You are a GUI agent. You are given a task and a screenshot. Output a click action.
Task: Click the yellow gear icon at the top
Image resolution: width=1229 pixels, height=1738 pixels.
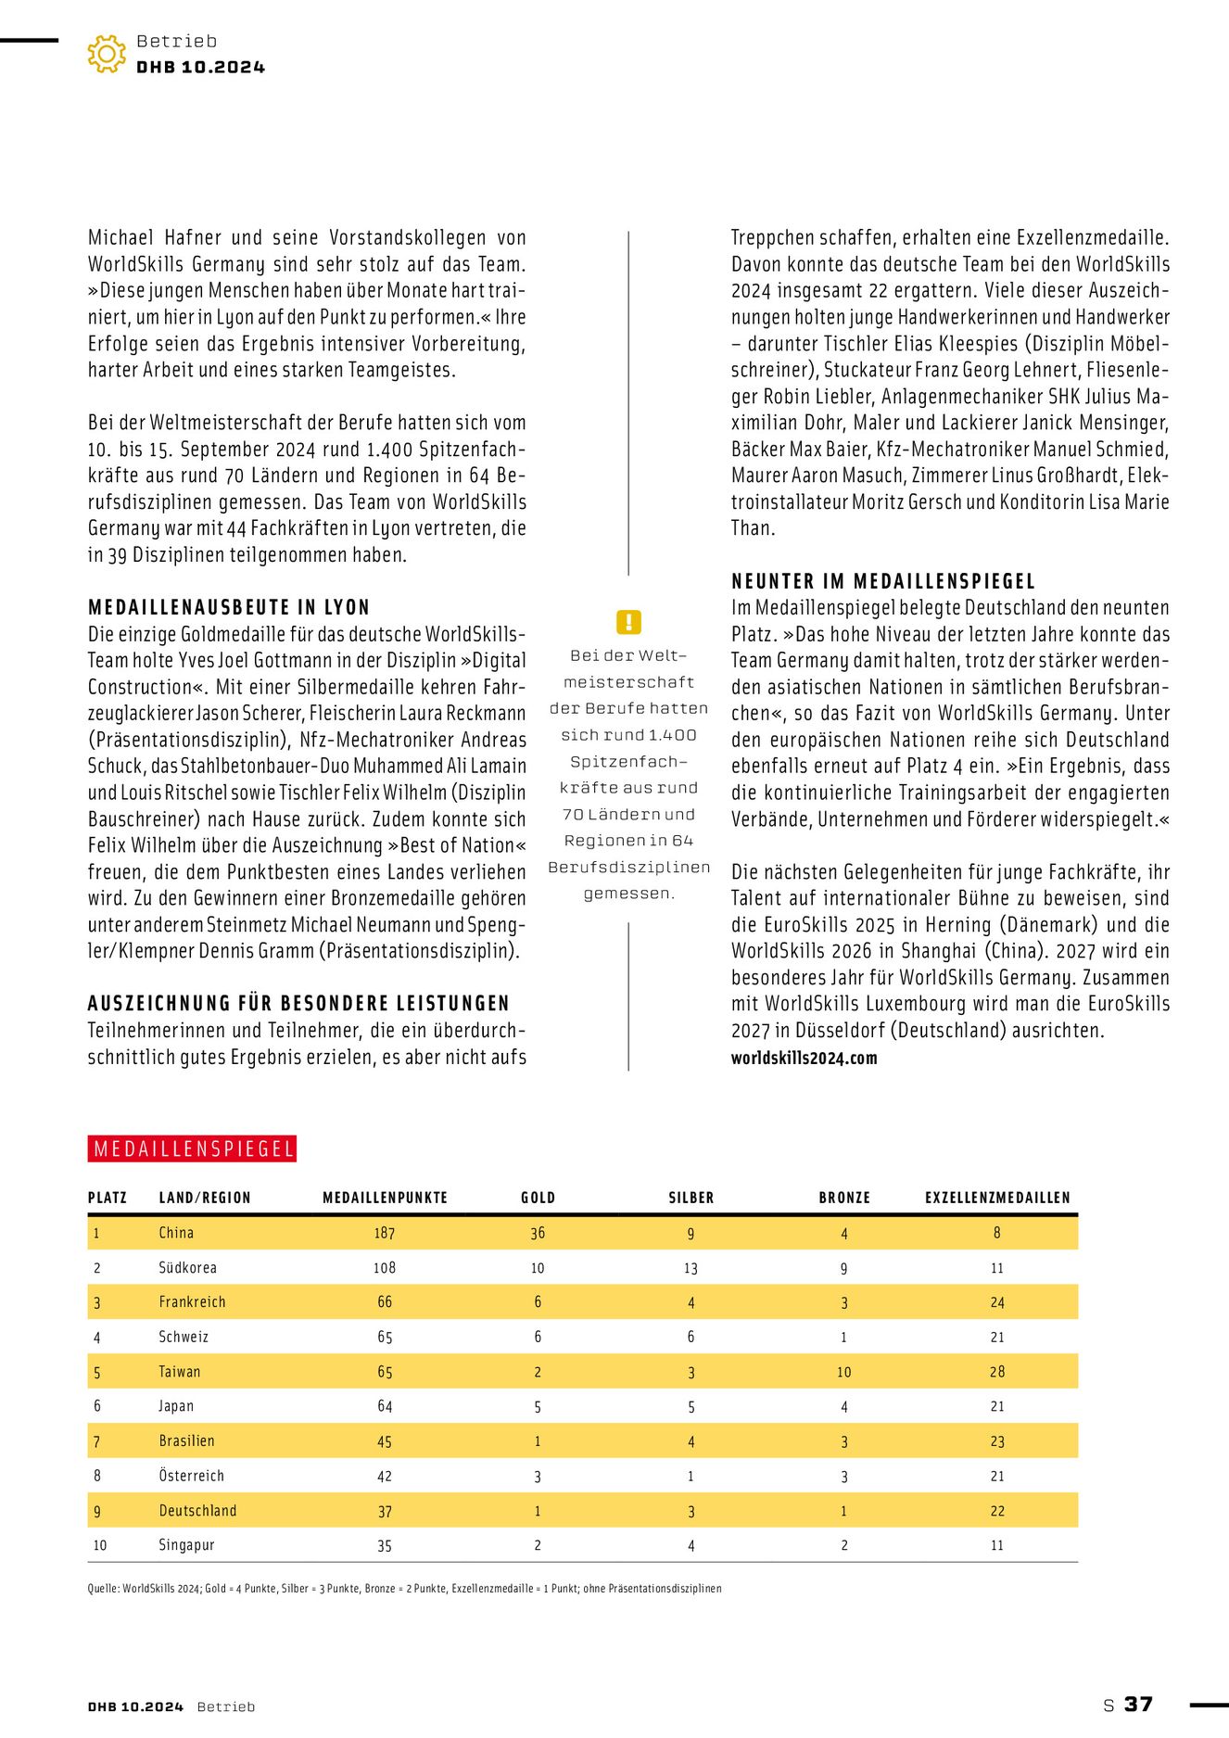tap(107, 54)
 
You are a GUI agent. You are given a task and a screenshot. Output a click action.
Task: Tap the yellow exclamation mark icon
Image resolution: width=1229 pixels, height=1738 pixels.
tap(628, 622)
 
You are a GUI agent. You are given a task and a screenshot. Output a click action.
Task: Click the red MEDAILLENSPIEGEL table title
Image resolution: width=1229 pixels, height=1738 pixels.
tap(193, 1149)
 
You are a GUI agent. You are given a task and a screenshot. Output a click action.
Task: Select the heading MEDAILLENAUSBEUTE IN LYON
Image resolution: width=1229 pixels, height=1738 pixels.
tap(229, 608)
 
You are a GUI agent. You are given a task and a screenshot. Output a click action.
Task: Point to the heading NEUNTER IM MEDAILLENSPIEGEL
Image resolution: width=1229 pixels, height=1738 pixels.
tap(883, 582)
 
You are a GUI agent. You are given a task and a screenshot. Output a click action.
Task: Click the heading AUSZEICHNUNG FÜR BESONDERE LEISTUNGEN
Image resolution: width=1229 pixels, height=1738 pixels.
tap(298, 1004)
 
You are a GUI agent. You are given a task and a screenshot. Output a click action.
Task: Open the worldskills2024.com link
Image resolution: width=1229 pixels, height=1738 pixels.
tap(804, 1059)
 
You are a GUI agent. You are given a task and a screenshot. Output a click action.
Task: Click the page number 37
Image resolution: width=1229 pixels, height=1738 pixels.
tap(1138, 1705)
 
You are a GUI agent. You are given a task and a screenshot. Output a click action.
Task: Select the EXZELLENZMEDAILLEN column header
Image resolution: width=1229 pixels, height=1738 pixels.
tap(997, 1198)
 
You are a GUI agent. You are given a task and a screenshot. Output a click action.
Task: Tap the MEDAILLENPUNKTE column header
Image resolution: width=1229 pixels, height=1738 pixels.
tap(385, 1198)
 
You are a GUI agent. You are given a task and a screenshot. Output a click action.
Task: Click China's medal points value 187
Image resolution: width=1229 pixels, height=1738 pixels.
tap(385, 1233)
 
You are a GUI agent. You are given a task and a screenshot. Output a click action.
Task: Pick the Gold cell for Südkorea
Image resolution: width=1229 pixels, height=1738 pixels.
tap(538, 1268)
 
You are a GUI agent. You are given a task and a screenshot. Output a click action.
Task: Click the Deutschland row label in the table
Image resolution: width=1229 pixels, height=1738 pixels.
tap(197, 1511)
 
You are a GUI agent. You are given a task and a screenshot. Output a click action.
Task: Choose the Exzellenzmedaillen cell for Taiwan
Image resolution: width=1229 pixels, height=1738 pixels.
tap(997, 1372)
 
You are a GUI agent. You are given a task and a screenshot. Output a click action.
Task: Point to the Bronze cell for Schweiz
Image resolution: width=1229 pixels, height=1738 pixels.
tap(843, 1338)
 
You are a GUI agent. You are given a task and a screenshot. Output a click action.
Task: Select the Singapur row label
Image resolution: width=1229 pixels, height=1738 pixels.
tap(186, 1545)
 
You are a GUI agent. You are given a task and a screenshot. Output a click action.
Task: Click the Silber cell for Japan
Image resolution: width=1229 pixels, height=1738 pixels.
tap(691, 1407)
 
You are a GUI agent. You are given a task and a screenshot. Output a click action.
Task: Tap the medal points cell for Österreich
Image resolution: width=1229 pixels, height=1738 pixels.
tap(385, 1477)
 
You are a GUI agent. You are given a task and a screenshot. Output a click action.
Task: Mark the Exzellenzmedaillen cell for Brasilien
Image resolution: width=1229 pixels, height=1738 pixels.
tap(997, 1441)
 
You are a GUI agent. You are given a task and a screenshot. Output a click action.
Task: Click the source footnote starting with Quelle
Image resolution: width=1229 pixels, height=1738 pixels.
tap(404, 1589)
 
